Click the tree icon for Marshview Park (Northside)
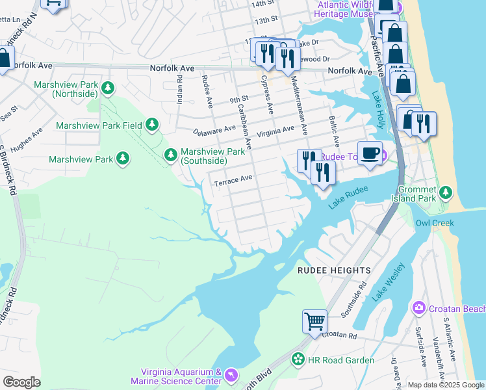(x=109, y=88)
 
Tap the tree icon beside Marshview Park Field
(x=152, y=123)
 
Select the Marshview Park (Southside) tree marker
(x=170, y=155)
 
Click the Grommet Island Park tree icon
(x=445, y=192)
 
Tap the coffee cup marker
(x=370, y=153)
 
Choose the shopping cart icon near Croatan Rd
(x=314, y=320)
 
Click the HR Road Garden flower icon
(x=298, y=359)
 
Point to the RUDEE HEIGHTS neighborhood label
(x=334, y=270)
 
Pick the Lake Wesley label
(x=388, y=281)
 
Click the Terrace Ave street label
(x=233, y=179)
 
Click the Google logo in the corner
(x=21, y=382)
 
